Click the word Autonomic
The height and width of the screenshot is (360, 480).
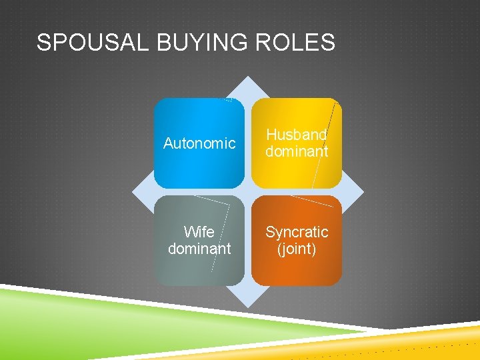click(x=199, y=143)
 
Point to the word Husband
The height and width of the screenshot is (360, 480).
click(x=297, y=135)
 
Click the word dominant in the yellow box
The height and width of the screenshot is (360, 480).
click(x=297, y=152)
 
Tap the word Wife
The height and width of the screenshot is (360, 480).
click(x=199, y=232)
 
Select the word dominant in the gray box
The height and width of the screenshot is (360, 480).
click(x=199, y=249)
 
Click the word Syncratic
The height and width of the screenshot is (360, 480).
click(x=297, y=232)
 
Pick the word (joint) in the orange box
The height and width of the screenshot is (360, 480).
click(x=297, y=249)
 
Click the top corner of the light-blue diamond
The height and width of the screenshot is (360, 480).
click(x=248, y=77)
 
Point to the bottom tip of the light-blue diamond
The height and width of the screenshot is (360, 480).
click(x=248, y=307)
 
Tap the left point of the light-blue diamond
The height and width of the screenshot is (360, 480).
click(x=132, y=192)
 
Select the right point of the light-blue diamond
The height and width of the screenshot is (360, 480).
click(x=364, y=192)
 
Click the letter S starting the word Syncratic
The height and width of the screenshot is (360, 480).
click(x=270, y=232)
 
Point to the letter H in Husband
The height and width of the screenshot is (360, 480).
click(x=271, y=135)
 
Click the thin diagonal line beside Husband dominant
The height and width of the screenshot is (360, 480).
click(x=323, y=143)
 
